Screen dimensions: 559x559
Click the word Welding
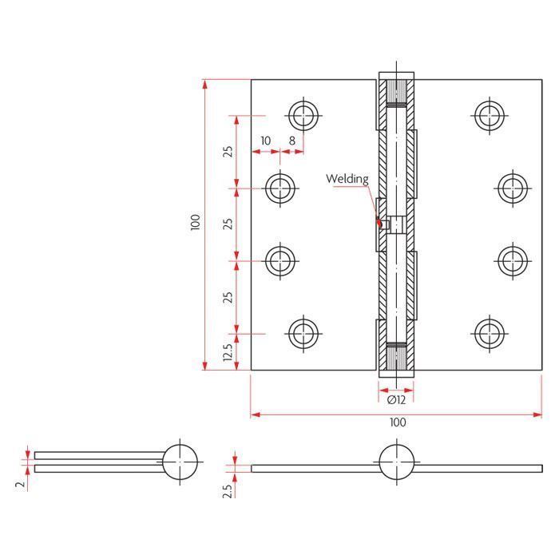[347, 179]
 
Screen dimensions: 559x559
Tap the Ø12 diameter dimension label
[396, 400]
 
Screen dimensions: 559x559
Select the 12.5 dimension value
[228, 352]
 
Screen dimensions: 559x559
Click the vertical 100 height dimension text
[196, 222]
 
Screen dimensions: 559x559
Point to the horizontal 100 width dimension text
[398, 422]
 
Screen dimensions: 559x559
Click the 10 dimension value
[266, 141]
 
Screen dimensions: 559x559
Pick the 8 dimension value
[292, 141]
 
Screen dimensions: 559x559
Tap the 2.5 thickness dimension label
[228, 491]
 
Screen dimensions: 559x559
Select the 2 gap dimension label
[21, 484]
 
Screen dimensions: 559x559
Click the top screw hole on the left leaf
[303, 116]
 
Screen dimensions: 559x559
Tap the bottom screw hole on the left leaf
[303, 334]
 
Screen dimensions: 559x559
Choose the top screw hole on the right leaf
[490, 116]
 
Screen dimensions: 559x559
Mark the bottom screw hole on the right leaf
[490, 334]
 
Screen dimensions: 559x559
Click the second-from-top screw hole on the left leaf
[280, 188]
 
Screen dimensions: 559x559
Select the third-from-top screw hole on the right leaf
[513, 261]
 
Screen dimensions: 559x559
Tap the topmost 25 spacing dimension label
[228, 152]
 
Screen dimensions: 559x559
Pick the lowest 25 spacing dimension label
[228, 297]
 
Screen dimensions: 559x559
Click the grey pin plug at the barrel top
[396, 91]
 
